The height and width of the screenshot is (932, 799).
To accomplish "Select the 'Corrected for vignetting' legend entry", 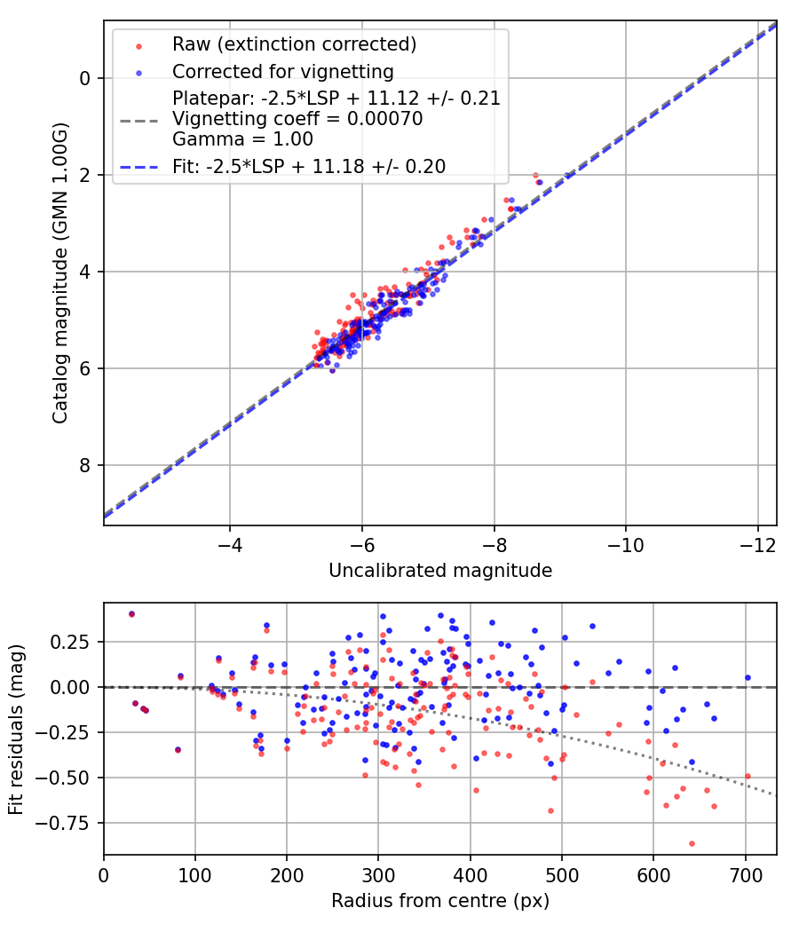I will click(283, 71).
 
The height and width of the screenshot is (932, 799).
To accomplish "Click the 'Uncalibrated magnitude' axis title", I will click(440, 571).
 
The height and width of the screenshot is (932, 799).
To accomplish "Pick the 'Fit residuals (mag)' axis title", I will click(15, 729).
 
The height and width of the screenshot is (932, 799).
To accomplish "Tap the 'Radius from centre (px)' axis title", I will click(440, 901).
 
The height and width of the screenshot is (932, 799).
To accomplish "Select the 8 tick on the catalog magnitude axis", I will click(85, 465).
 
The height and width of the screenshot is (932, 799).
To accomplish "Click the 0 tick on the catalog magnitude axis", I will click(85, 78).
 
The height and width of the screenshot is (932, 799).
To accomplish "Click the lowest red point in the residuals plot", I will click(692, 843).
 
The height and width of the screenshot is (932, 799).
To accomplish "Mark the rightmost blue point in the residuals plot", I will click(748, 677).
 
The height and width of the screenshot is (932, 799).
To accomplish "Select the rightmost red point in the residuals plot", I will click(748, 776).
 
